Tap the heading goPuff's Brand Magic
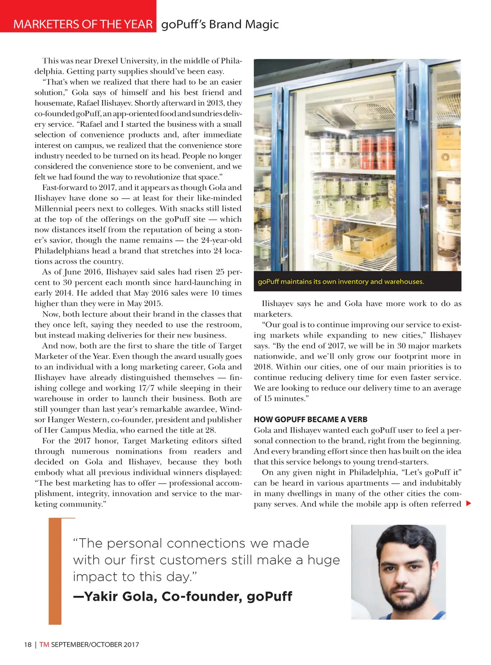[220, 24]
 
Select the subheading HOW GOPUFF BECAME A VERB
[311, 419]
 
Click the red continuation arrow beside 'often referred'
[468, 503]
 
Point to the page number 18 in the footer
[27, 645]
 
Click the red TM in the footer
[44, 645]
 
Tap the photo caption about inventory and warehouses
[341, 282]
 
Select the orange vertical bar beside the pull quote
[55, 571]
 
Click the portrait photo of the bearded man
[398, 572]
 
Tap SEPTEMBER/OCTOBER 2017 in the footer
[95, 645]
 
